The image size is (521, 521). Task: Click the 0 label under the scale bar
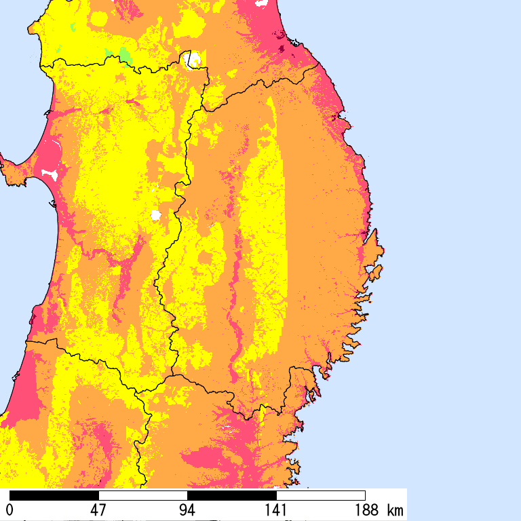tap(9, 509)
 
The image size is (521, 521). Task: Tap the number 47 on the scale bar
tap(98, 509)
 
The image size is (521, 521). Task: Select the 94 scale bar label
tap(187, 509)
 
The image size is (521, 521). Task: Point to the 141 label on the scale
tap(276, 509)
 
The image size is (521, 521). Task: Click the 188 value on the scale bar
tap(365, 509)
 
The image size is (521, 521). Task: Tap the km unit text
tap(395, 509)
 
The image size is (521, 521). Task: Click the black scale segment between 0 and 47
tap(54, 495)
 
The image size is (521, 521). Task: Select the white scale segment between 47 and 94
tap(143, 495)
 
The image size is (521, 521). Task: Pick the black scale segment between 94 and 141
tap(232, 495)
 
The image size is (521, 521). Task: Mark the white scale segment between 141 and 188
tap(321, 495)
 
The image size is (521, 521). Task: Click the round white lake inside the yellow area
tap(155, 216)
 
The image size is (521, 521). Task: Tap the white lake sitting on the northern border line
tap(193, 60)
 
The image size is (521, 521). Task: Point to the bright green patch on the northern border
tap(125, 54)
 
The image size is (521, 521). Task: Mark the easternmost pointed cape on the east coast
tap(381, 251)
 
